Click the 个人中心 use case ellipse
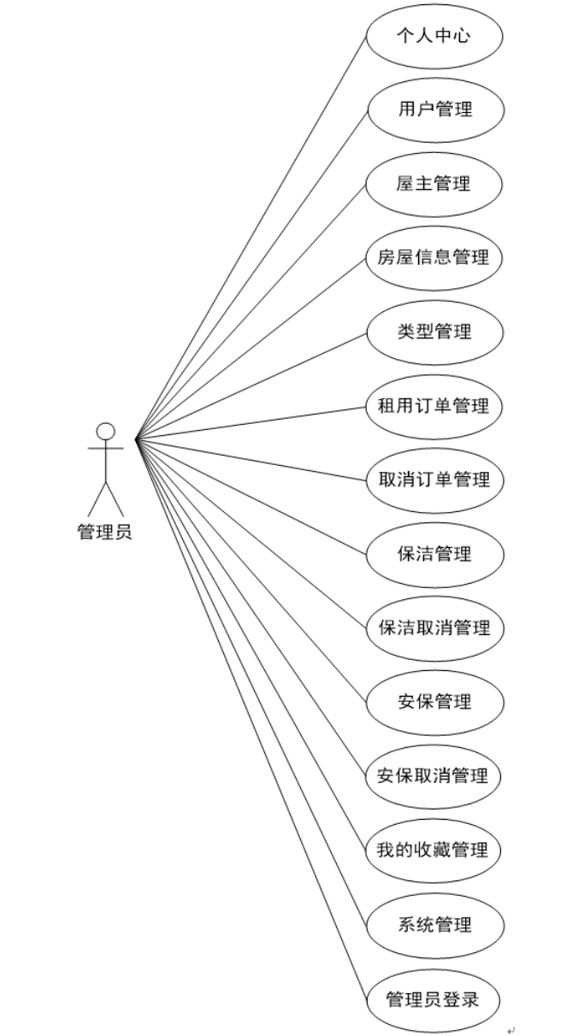(434, 36)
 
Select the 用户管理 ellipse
(434, 109)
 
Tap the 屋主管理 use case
(434, 183)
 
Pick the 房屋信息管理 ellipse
(434, 257)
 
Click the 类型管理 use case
(434, 332)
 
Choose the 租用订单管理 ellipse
(434, 405)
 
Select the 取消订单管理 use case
(434, 480)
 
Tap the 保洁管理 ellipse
(434, 554)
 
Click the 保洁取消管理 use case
(434, 628)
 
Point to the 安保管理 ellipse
(434, 703)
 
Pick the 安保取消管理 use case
(434, 776)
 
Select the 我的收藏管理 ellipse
(434, 851)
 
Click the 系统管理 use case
(434, 925)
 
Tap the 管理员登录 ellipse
(434, 999)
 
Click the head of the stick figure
(105, 431)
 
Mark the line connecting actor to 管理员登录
(251, 719)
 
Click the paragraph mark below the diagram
(511, 1030)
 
